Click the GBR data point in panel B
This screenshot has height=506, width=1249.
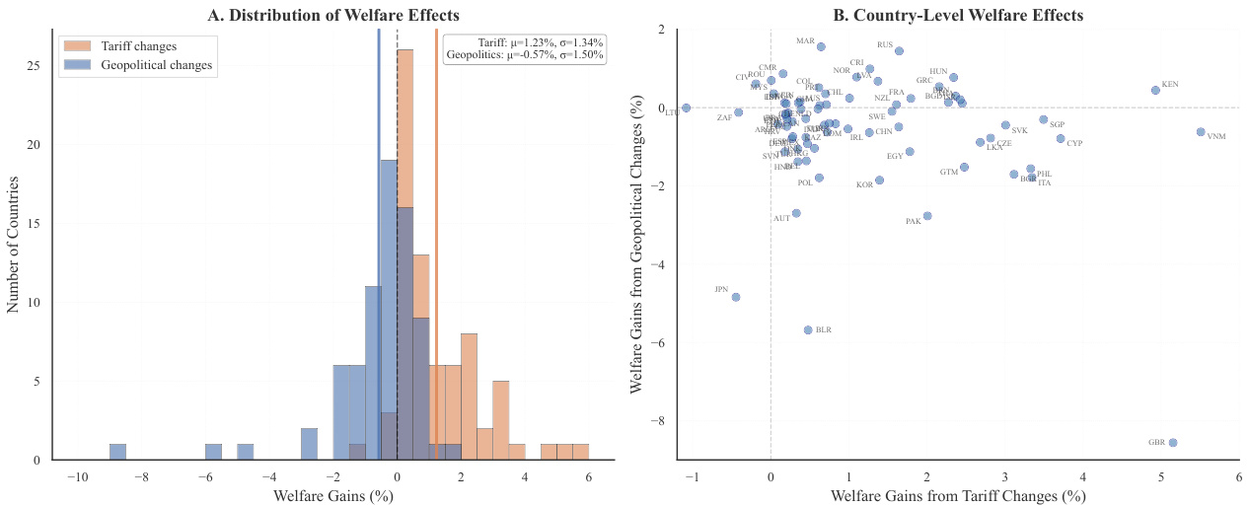point(1172,443)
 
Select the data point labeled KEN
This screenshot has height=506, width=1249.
point(1155,90)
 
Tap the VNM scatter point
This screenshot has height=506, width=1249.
point(1201,131)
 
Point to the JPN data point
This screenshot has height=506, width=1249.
point(735,297)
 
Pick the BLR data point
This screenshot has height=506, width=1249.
point(808,329)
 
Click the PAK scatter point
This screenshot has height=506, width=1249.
point(927,216)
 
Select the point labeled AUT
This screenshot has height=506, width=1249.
point(796,213)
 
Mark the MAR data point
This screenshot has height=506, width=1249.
point(821,46)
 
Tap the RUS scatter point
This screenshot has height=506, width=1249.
point(899,50)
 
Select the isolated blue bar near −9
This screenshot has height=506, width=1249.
point(117,452)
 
